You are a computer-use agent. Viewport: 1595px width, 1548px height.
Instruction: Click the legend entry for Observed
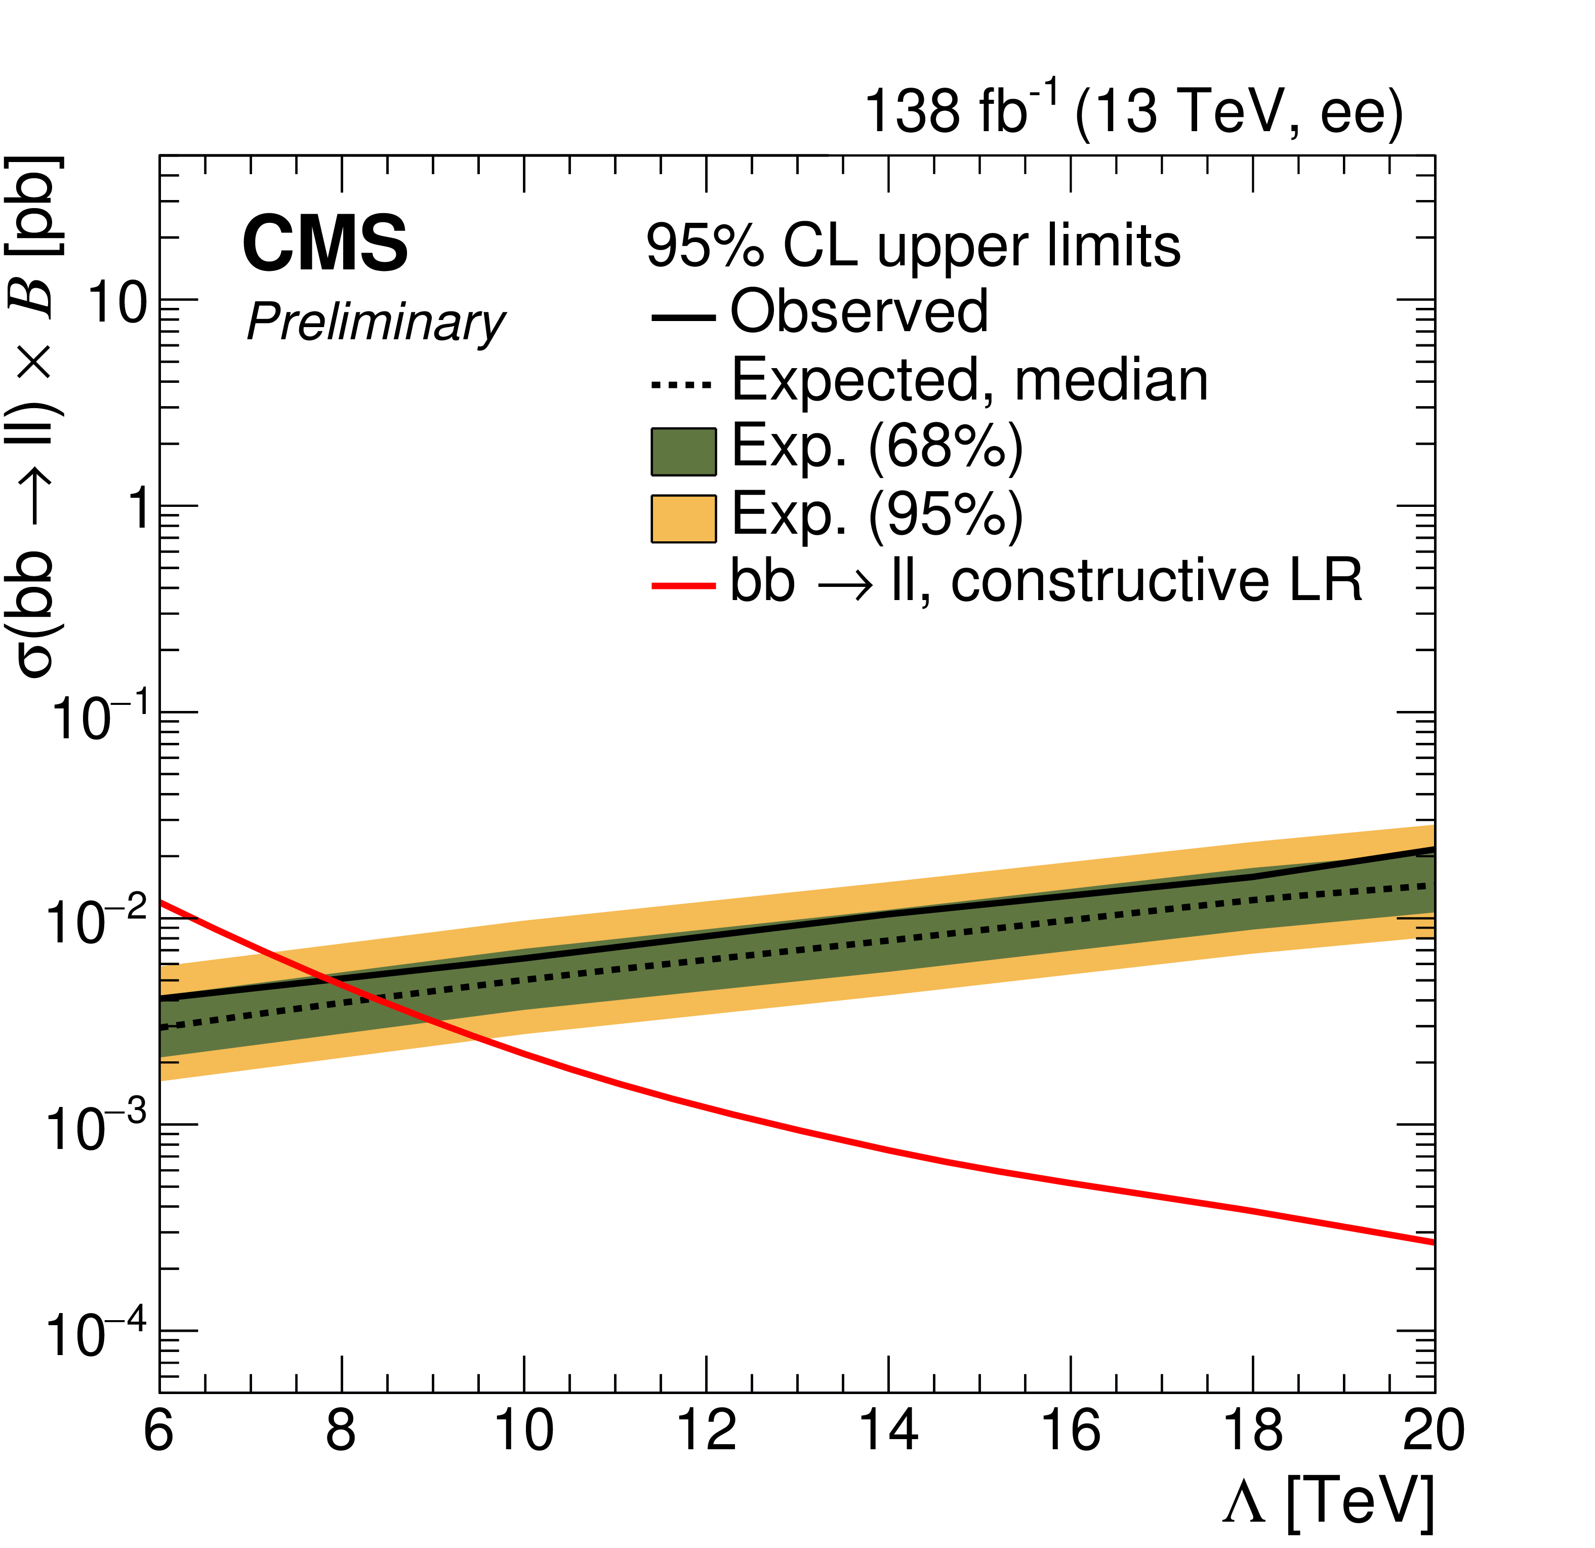coord(858,312)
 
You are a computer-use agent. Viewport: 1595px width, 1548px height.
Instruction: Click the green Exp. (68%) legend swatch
coord(683,452)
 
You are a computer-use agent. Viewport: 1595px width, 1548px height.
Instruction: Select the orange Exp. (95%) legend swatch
coord(683,519)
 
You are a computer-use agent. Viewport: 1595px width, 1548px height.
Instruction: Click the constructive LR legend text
coord(1046,581)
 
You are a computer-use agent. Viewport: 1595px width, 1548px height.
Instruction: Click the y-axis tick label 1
coord(141,510)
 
